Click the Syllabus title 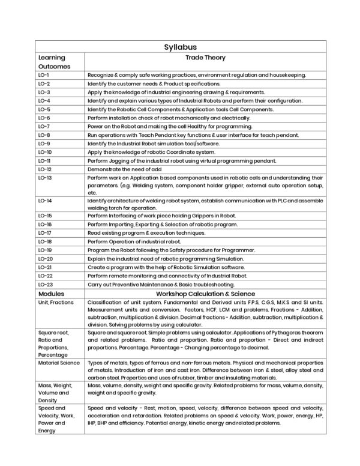pos(180,46)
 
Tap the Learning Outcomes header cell pos(55,61)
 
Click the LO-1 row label pos(44,75)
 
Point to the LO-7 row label pos(44,127)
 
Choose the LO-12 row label pos(45,170)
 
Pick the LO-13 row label pos(45,178)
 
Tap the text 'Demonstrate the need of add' pos(125,170)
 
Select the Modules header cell pos(51,293)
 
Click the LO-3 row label pos(44,92)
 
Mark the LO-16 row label pos(45,223)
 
